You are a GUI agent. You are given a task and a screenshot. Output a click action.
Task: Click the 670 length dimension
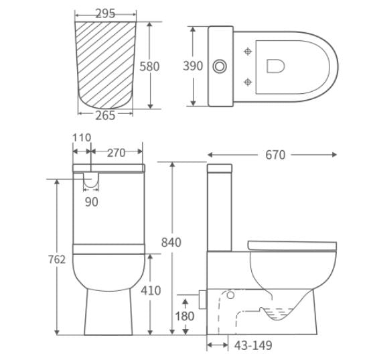pos(275,155)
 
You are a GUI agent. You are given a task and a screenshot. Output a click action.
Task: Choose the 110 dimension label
pos(81,138)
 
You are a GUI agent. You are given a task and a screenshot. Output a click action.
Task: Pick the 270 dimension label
pos(117,153)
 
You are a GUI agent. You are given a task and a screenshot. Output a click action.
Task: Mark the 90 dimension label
pos(92,202)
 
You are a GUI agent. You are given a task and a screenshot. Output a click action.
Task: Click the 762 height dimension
pos(57,259)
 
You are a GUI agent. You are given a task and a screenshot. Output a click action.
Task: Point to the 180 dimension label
pos(186,316)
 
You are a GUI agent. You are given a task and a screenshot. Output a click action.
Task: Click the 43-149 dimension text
pos(253,345)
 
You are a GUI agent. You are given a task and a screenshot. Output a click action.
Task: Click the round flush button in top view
pos(220,66)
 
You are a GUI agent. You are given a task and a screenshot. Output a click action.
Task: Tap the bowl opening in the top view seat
pos(276,66)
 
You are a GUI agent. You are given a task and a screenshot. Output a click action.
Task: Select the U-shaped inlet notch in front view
pos(91,179)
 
